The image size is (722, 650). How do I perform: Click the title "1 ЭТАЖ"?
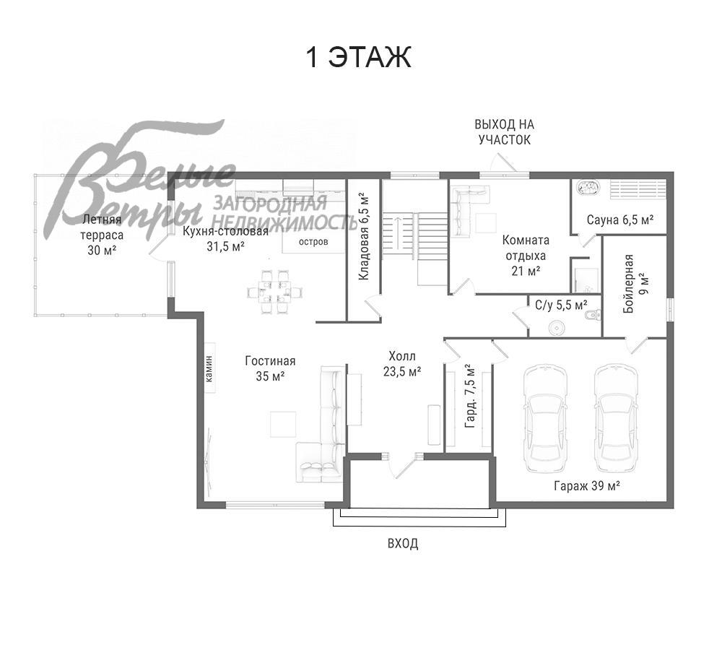click(358, 57)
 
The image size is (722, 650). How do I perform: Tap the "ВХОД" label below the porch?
click(403, 544)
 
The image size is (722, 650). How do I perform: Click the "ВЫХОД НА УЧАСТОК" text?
click(504, 131)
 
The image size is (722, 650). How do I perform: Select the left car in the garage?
click(545, 417)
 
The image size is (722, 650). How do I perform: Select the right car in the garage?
click(616, 417)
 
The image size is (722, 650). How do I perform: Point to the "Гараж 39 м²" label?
click(586, 485)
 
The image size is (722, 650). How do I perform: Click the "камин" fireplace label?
click(209, 368)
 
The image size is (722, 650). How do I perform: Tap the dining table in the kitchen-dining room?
click(275, 292)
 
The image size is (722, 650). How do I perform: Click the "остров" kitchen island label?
click(313, 241)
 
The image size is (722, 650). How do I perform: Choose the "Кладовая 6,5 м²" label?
click(364, 238)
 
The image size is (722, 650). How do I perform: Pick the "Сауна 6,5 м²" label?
click(620, 220)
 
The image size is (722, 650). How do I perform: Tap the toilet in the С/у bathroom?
click(591, 315)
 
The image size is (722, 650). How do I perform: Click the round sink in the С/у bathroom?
click(557, 328)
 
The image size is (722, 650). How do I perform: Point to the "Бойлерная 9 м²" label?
click(636, 284)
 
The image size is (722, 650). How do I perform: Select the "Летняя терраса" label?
click(102, 227)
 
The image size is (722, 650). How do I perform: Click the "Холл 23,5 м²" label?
click(402, 363)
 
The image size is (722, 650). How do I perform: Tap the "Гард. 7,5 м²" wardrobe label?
click(470, 396)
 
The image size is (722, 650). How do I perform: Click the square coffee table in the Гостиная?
click(283, 424)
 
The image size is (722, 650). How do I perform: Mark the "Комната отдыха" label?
click(526, 248)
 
